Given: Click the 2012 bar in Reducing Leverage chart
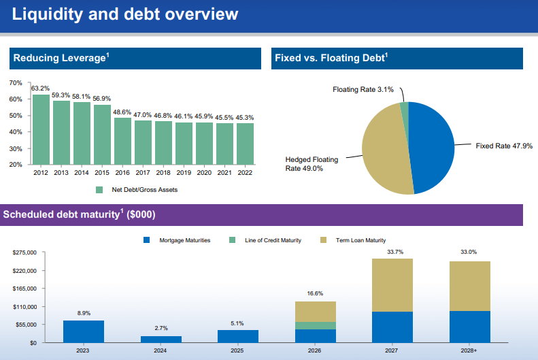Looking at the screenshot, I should [x=41, y=129].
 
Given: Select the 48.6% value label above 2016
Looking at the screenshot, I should [x=122, y=112].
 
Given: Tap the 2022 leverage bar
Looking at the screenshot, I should [x=245, y=144].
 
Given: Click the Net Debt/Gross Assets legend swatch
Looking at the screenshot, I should [x=99, y=190].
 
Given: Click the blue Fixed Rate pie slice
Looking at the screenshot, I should [x=432, y=146].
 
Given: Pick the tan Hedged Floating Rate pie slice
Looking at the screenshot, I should [x=384, y=150].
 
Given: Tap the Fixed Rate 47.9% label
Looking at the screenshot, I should [x=503, y=146].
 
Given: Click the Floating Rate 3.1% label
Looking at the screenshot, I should [x=363, y=90].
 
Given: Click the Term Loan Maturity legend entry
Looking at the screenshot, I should [x=360, y=240].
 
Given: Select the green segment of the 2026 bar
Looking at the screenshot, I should [x=316, y=326].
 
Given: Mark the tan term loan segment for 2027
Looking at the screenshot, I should [x=392, y=285].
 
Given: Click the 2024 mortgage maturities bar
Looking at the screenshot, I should [x=161, y=339].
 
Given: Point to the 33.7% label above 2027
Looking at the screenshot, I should [x=394, y=252].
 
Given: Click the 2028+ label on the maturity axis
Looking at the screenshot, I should [x=469, y=350].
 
